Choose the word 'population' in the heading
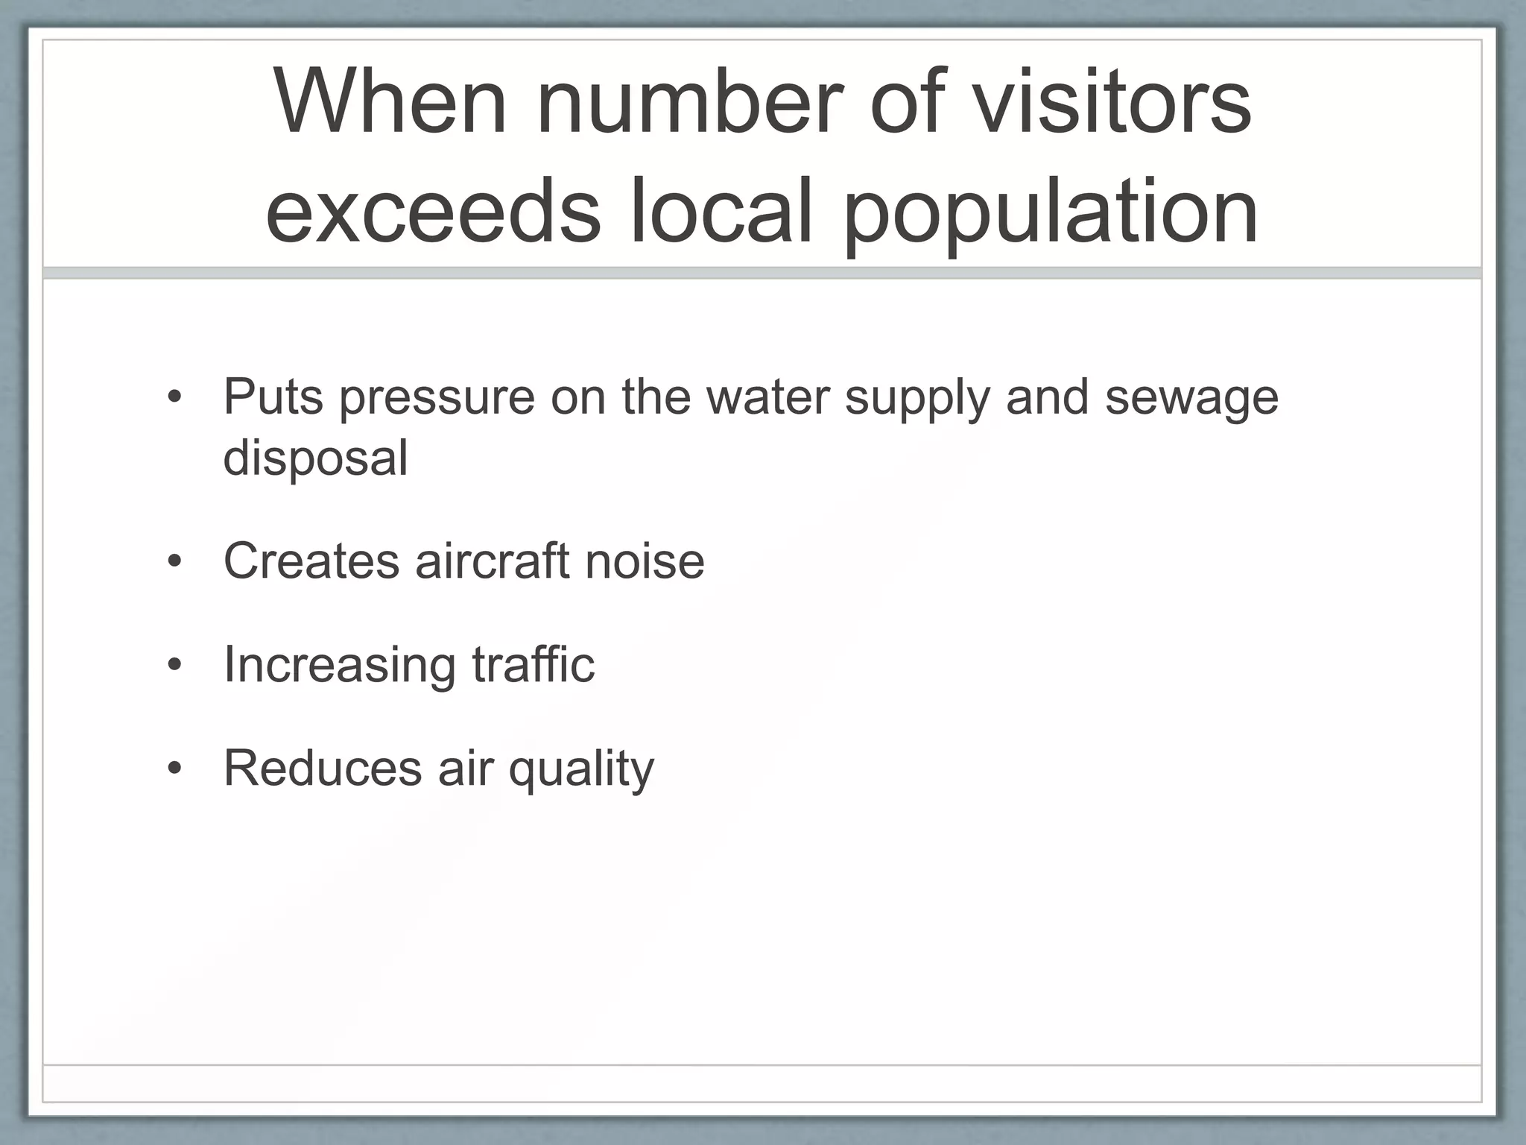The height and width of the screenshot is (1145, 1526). (1051, 212)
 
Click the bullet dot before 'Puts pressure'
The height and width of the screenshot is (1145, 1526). (174, 397)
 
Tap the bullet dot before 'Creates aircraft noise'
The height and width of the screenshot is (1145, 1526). (174, 561)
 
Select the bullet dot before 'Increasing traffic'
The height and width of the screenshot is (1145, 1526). (174, 664)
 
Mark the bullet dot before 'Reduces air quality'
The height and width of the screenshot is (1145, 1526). (174, 768)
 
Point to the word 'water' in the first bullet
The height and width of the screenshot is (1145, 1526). (768, 397)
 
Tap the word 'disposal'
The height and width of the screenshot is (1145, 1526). (316, 458)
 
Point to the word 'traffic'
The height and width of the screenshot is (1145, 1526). (534, 663)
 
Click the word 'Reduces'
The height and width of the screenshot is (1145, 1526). (322, 768)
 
